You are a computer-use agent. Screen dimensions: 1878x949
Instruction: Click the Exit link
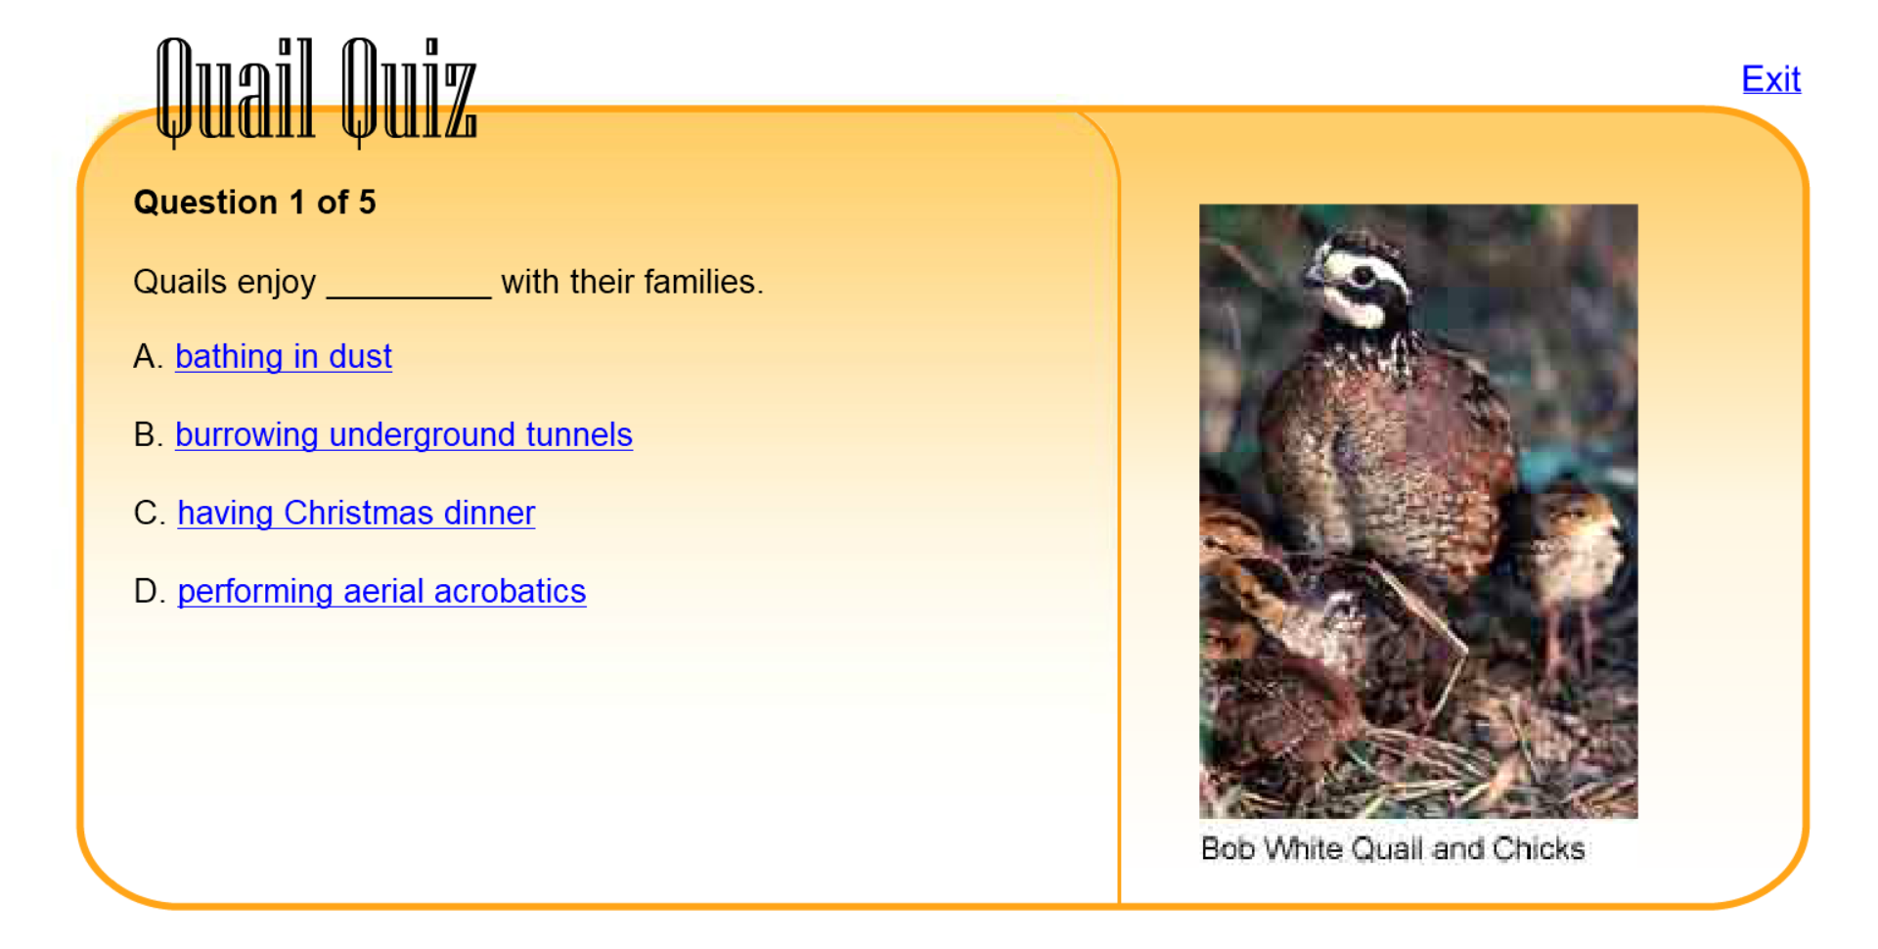pos(1770,78)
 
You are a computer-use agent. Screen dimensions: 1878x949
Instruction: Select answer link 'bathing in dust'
pos(284,356)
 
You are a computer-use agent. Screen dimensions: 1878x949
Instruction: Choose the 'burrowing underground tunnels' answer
pos(404,434)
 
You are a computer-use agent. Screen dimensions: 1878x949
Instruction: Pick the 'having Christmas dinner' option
pos(356,513)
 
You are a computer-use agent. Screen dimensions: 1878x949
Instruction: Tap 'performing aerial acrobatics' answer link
pos(381,591)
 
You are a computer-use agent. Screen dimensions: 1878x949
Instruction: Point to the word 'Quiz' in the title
pos(410,91)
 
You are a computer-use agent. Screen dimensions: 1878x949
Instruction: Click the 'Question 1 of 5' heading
pos(254,203)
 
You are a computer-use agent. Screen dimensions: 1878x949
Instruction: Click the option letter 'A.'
pos(148,356)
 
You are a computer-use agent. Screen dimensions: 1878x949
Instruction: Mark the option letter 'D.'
pos(149,591)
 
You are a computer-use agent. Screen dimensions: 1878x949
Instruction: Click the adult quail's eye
pos(1362,277)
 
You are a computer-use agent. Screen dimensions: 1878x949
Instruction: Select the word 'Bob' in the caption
pos(1229,848)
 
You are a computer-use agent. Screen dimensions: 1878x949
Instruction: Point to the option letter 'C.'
pos(149,513)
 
